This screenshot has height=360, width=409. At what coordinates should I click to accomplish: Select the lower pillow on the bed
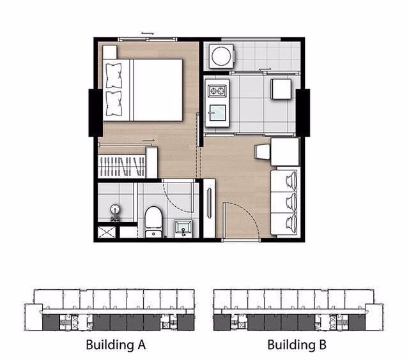pos(114,102)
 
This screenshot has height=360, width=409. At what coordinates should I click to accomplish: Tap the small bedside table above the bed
pos(110,52)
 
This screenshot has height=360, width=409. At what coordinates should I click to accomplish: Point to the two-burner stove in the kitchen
pos(216,90)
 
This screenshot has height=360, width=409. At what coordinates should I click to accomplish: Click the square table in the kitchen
pos(281,89)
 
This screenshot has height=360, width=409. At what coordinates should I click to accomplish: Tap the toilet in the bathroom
pos(153,221)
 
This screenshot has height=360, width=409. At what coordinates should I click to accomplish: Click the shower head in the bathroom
pos(115,209)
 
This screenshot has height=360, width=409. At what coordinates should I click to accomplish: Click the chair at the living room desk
pos(263,152)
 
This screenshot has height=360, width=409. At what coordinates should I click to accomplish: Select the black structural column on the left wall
pos(95,112)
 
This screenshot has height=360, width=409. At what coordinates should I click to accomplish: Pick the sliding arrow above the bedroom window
pos(148,33)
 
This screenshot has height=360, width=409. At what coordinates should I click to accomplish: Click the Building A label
pos(116,346)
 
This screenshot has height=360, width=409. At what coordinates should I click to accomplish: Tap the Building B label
pos(297,346)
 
